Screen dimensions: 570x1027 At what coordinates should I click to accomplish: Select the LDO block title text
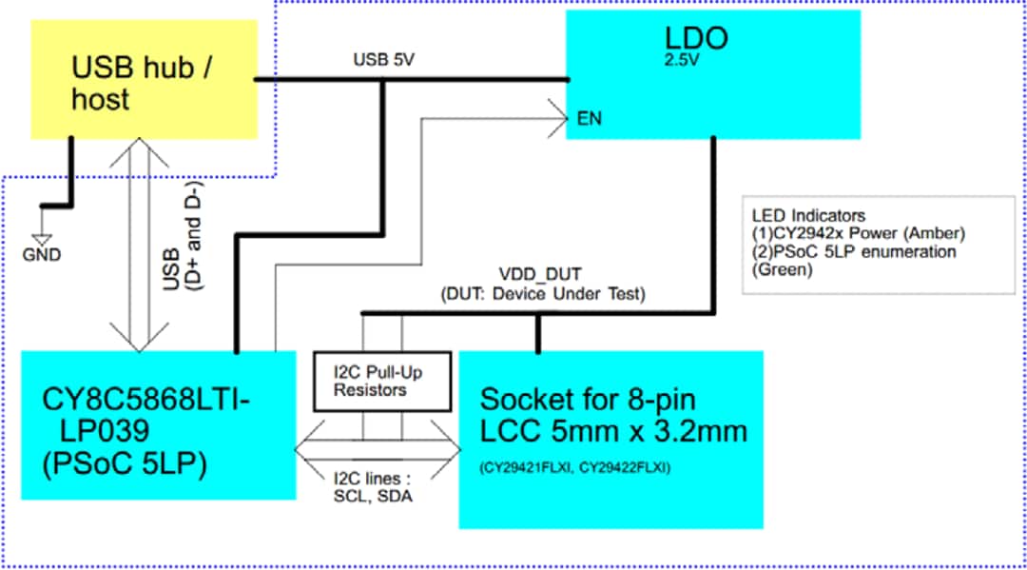coord(696,39)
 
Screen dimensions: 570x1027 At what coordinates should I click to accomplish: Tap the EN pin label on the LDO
coord(590,119)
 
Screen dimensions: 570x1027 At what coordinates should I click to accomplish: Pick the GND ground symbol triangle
coord(40,240)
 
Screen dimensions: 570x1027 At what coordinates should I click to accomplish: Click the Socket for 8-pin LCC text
coord(612,415)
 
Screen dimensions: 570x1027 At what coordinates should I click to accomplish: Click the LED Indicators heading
coord(808,215)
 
